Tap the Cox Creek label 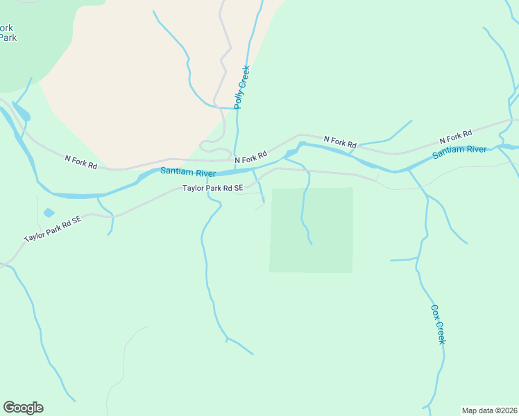438,324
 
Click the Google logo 23,408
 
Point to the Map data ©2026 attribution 488,410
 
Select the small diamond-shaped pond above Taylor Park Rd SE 49,213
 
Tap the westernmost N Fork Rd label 80,162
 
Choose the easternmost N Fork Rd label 456,136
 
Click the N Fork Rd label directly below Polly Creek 250,158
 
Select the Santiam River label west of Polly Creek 188,172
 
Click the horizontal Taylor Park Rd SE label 213,188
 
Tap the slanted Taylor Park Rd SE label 53,228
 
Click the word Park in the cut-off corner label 8,37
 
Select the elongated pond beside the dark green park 20,112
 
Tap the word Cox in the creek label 435,312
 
